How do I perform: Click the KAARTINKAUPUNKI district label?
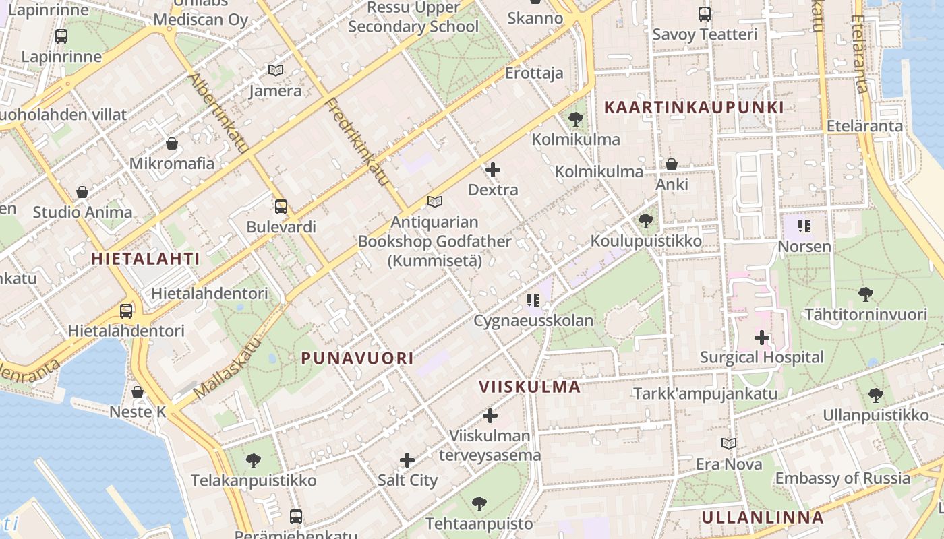(x=694, y=107)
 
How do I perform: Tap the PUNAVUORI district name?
(x=357, y=358)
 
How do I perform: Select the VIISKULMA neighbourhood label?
(x=529, y=387)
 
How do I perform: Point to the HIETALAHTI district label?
(x=146, y=259)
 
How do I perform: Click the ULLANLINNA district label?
(x=763, y=517)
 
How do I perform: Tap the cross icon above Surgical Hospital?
(x=762, y=338)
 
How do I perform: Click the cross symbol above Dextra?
(x=493, y=170)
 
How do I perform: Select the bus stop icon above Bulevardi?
(x=281, y=207)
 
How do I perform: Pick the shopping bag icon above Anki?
(x=671, y=164)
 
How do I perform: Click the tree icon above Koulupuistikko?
(x=645, y=220)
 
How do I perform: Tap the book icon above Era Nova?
(x=728, y=443)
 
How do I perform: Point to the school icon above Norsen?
(x=804, y=226)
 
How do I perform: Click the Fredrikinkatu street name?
(x=357, y=142)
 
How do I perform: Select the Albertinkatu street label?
(x=218, y=113)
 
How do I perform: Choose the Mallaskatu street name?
(x=227, y=367)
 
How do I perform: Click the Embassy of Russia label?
(x=842, y=478)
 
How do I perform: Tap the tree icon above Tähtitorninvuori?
(x=866, y=294)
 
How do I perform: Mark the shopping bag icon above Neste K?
(x=138, y=391)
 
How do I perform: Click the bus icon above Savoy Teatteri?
(x=705, y=14)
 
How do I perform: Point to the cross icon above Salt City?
(x=407, y=460)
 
